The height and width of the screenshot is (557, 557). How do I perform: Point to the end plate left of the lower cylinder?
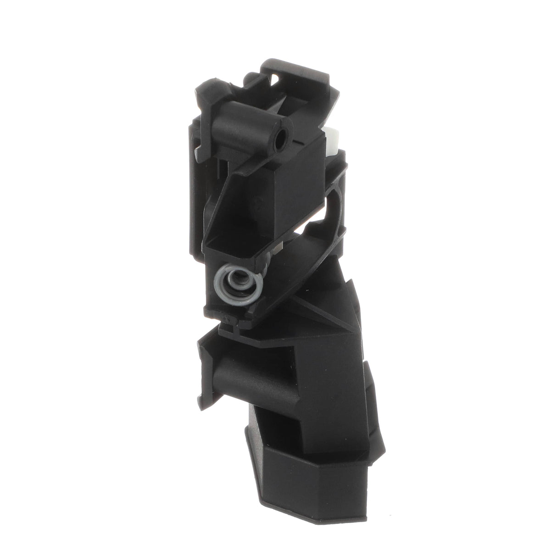click(209, 362)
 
